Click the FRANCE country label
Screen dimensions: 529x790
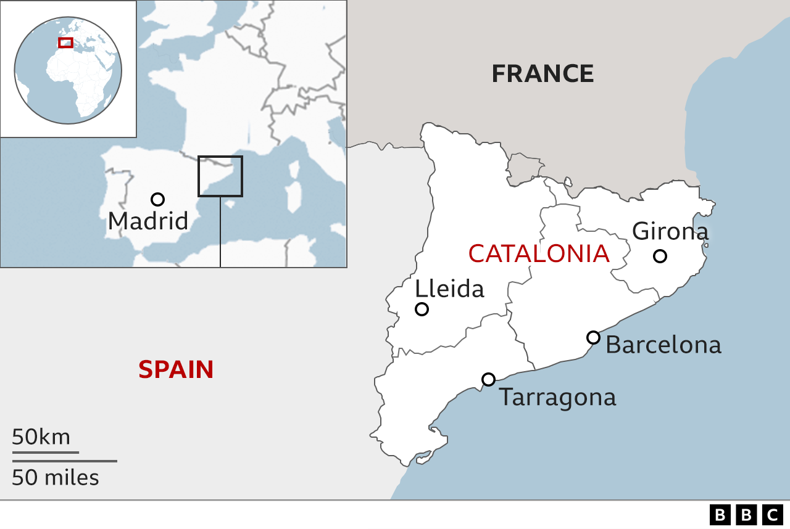pyautogui.click(x=543, y=73)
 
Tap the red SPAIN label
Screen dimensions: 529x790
pyautogui.click(x=176, y=369)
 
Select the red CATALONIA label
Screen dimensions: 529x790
pyautogui.click(x=538, y=253)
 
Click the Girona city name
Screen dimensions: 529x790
pyautogui.click(x=670, y=231)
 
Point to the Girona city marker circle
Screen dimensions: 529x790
pyautogui.click(x=660, y=256)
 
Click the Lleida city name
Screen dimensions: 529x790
pyautogui.click(x=449, y=289)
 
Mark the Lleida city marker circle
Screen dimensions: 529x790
pyautogui.click(x=422, y=309)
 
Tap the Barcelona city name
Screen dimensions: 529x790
pyautogui.click(x=663, y=345)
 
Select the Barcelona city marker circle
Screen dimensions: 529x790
pyautogui.click(x=593, y=337)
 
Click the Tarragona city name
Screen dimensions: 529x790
pyautogui.click(x=557, y=397)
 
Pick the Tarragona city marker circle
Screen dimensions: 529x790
pyautogui.click(x=488, y=379)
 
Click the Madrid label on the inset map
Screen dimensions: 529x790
pyautogui.click(x=148, y=221)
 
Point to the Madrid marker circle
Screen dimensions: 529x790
pyautogui.click(x=157, y=199)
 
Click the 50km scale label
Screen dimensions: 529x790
pyautogui.click(x=41, y=437)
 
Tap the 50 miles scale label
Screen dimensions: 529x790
pyautogui.click(x=55, y=477)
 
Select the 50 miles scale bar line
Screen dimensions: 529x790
pyautogui.click(x=64, y=461)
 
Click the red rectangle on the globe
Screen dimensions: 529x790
pyautogui.click(x=65, y=43)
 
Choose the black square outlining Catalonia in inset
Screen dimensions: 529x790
pyautogui.click(x=220, y=176)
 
